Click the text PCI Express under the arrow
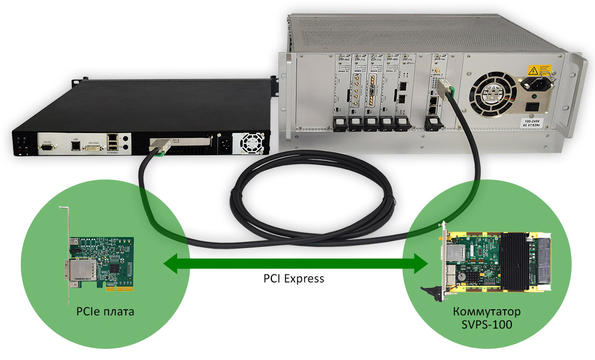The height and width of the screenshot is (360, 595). [x=293, y=278]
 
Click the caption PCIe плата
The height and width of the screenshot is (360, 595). [x=105, y=311]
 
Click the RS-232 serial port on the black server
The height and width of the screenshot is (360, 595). [x=47, y=147]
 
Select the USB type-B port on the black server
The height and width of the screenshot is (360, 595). [x=75, y=146]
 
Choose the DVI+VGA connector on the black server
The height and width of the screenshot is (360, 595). [x=94, y=147]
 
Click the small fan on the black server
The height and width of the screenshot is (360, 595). [x=250, y=143]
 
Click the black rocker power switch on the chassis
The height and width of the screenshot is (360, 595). [x=533, y=106]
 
